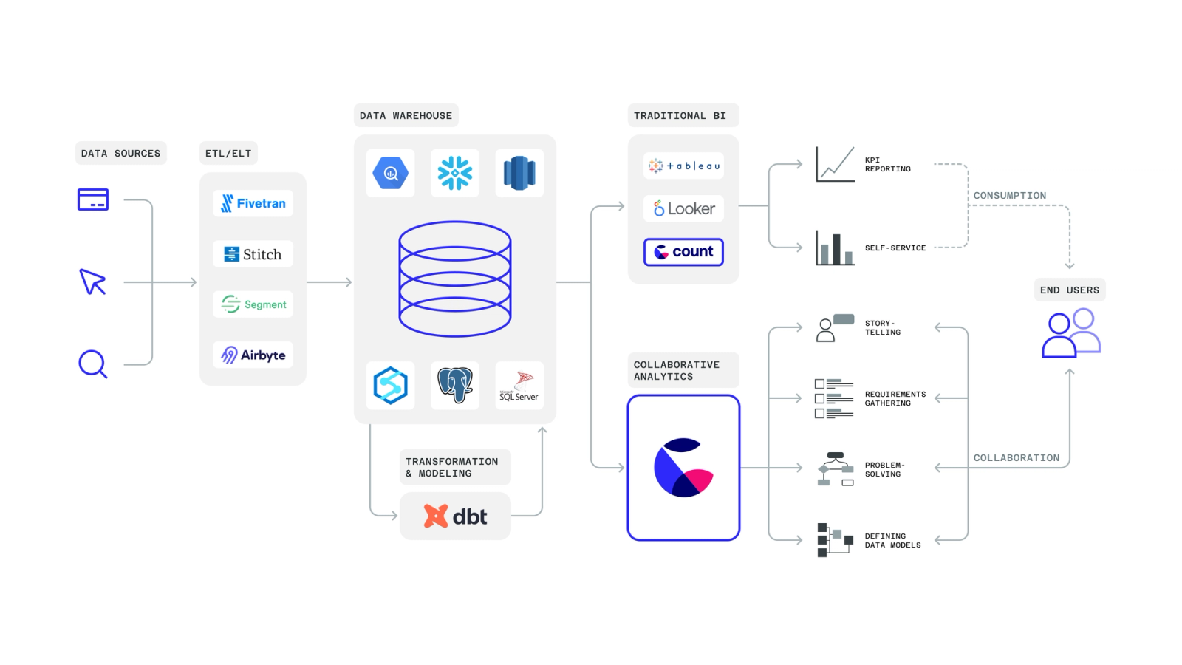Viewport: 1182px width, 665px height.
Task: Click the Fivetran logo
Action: pos(253,203)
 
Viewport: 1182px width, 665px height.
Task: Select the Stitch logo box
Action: pos(253,254)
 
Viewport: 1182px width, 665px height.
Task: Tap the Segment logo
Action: pos(253,304)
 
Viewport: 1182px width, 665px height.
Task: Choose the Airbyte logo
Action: pos(253,355)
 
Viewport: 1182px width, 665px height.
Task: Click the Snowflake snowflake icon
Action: pos(455,173)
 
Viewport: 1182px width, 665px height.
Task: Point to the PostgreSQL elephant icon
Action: pos(455,385)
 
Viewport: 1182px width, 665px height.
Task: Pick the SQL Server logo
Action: pos(519,386)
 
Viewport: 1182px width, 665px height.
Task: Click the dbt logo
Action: pos(455,516)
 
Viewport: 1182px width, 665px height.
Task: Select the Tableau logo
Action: pos(683,166)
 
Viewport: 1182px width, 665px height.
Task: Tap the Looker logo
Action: pos(683,209)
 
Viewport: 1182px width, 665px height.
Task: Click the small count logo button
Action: pos(683,252)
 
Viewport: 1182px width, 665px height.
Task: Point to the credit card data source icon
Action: pos(93,199)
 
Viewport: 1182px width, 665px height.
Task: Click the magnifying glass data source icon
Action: pos(93,364)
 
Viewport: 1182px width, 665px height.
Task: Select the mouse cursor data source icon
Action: pos(93,282)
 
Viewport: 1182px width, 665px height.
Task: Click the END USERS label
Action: pos(1069,290)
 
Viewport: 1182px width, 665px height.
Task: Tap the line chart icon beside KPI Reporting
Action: pos(835,164)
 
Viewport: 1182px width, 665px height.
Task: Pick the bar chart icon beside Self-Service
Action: pos(835,248)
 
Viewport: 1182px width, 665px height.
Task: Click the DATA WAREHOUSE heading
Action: pos(406,116)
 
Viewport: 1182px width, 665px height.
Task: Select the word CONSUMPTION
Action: pos(1009,196)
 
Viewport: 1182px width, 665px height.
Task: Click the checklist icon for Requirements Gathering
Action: pos(833,399)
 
